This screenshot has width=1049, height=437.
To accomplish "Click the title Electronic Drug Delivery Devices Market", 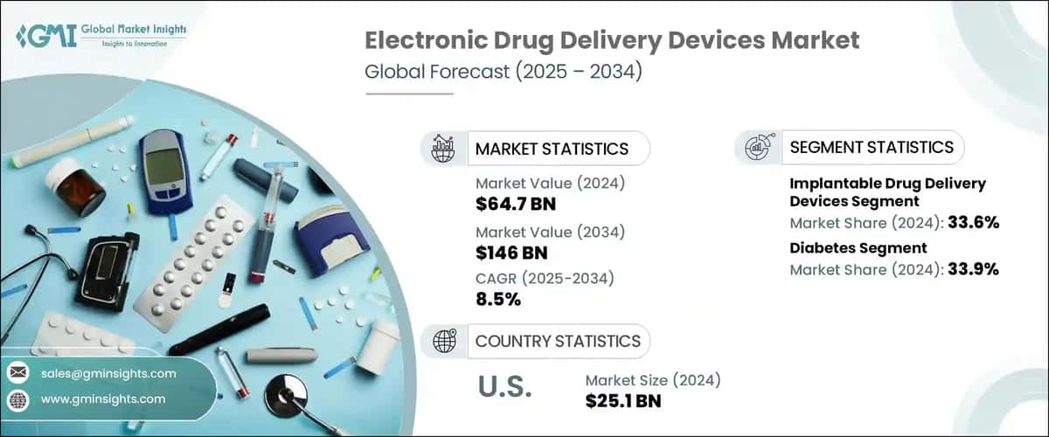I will coord(612,40).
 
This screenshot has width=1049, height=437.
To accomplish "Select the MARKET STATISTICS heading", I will coord(551,149).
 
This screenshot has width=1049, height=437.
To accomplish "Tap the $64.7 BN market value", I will coord(516,205).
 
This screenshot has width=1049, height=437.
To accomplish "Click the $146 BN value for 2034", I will coord(510,254).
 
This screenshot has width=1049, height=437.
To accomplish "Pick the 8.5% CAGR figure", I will coord(498,300).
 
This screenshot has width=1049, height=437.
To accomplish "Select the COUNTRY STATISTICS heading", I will coord(557,341).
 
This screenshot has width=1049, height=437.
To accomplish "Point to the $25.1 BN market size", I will coord(623,400).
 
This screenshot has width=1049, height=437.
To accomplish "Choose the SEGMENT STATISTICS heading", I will coord(871,147).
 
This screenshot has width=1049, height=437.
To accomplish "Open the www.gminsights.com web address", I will coord(102,399).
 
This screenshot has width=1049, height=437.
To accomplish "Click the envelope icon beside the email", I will coord(18,373).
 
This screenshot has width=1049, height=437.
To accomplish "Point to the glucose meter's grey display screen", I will coord(163,160).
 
